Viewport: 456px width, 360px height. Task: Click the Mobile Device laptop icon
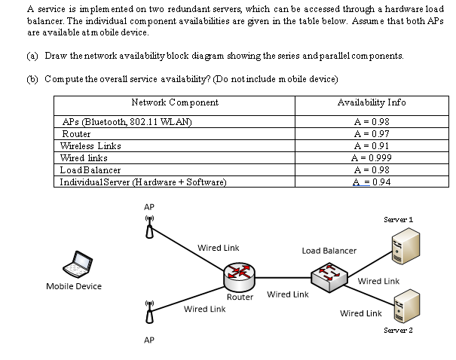(75, 264)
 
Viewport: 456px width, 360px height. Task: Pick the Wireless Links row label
(87, 145)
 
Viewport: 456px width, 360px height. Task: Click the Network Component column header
(174, 102)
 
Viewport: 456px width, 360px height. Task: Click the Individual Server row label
(137, 182)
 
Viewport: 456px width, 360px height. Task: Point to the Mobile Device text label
(74, 286)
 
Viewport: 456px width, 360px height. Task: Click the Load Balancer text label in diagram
(329, 250)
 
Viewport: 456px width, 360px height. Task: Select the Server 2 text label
(397, 330)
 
